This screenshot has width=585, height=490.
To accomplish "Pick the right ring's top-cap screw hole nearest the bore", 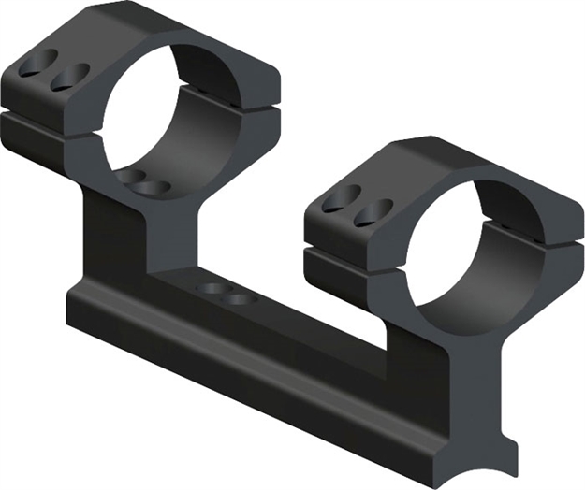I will click(x=375, y=209).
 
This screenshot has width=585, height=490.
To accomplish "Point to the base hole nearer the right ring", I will click(x=241, y=297).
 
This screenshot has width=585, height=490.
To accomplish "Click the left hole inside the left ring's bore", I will click(x=133, y=178).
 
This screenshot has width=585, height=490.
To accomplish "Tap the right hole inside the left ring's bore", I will click(x=155, y=187).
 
